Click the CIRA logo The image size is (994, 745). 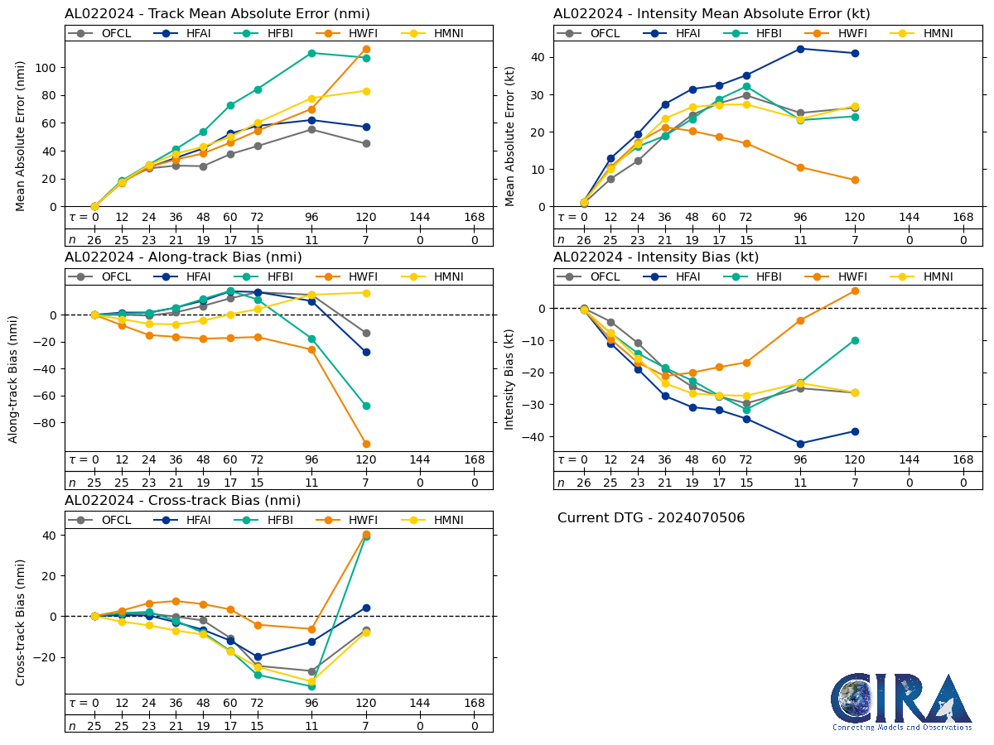[901, 701]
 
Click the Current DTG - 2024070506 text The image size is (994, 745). [651, 518]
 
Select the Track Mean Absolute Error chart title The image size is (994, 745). [217, 14]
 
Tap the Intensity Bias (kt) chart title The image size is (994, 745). [656, 257]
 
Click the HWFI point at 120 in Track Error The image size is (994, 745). [366, 50]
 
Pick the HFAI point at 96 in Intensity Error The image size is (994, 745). [800, 49]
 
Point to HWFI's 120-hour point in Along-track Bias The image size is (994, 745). [366, 444]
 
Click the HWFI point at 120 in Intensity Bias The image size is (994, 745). [855, 291]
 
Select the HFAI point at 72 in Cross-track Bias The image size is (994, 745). [258, 656]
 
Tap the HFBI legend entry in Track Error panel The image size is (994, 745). [265, 33]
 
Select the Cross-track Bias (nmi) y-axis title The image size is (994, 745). [21, 622]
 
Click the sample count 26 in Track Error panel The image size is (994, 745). [94, 240]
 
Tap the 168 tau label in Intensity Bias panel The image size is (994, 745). [963, 460]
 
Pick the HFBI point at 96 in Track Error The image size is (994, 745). [311, 53]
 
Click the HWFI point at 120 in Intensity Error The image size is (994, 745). [855, 180]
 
